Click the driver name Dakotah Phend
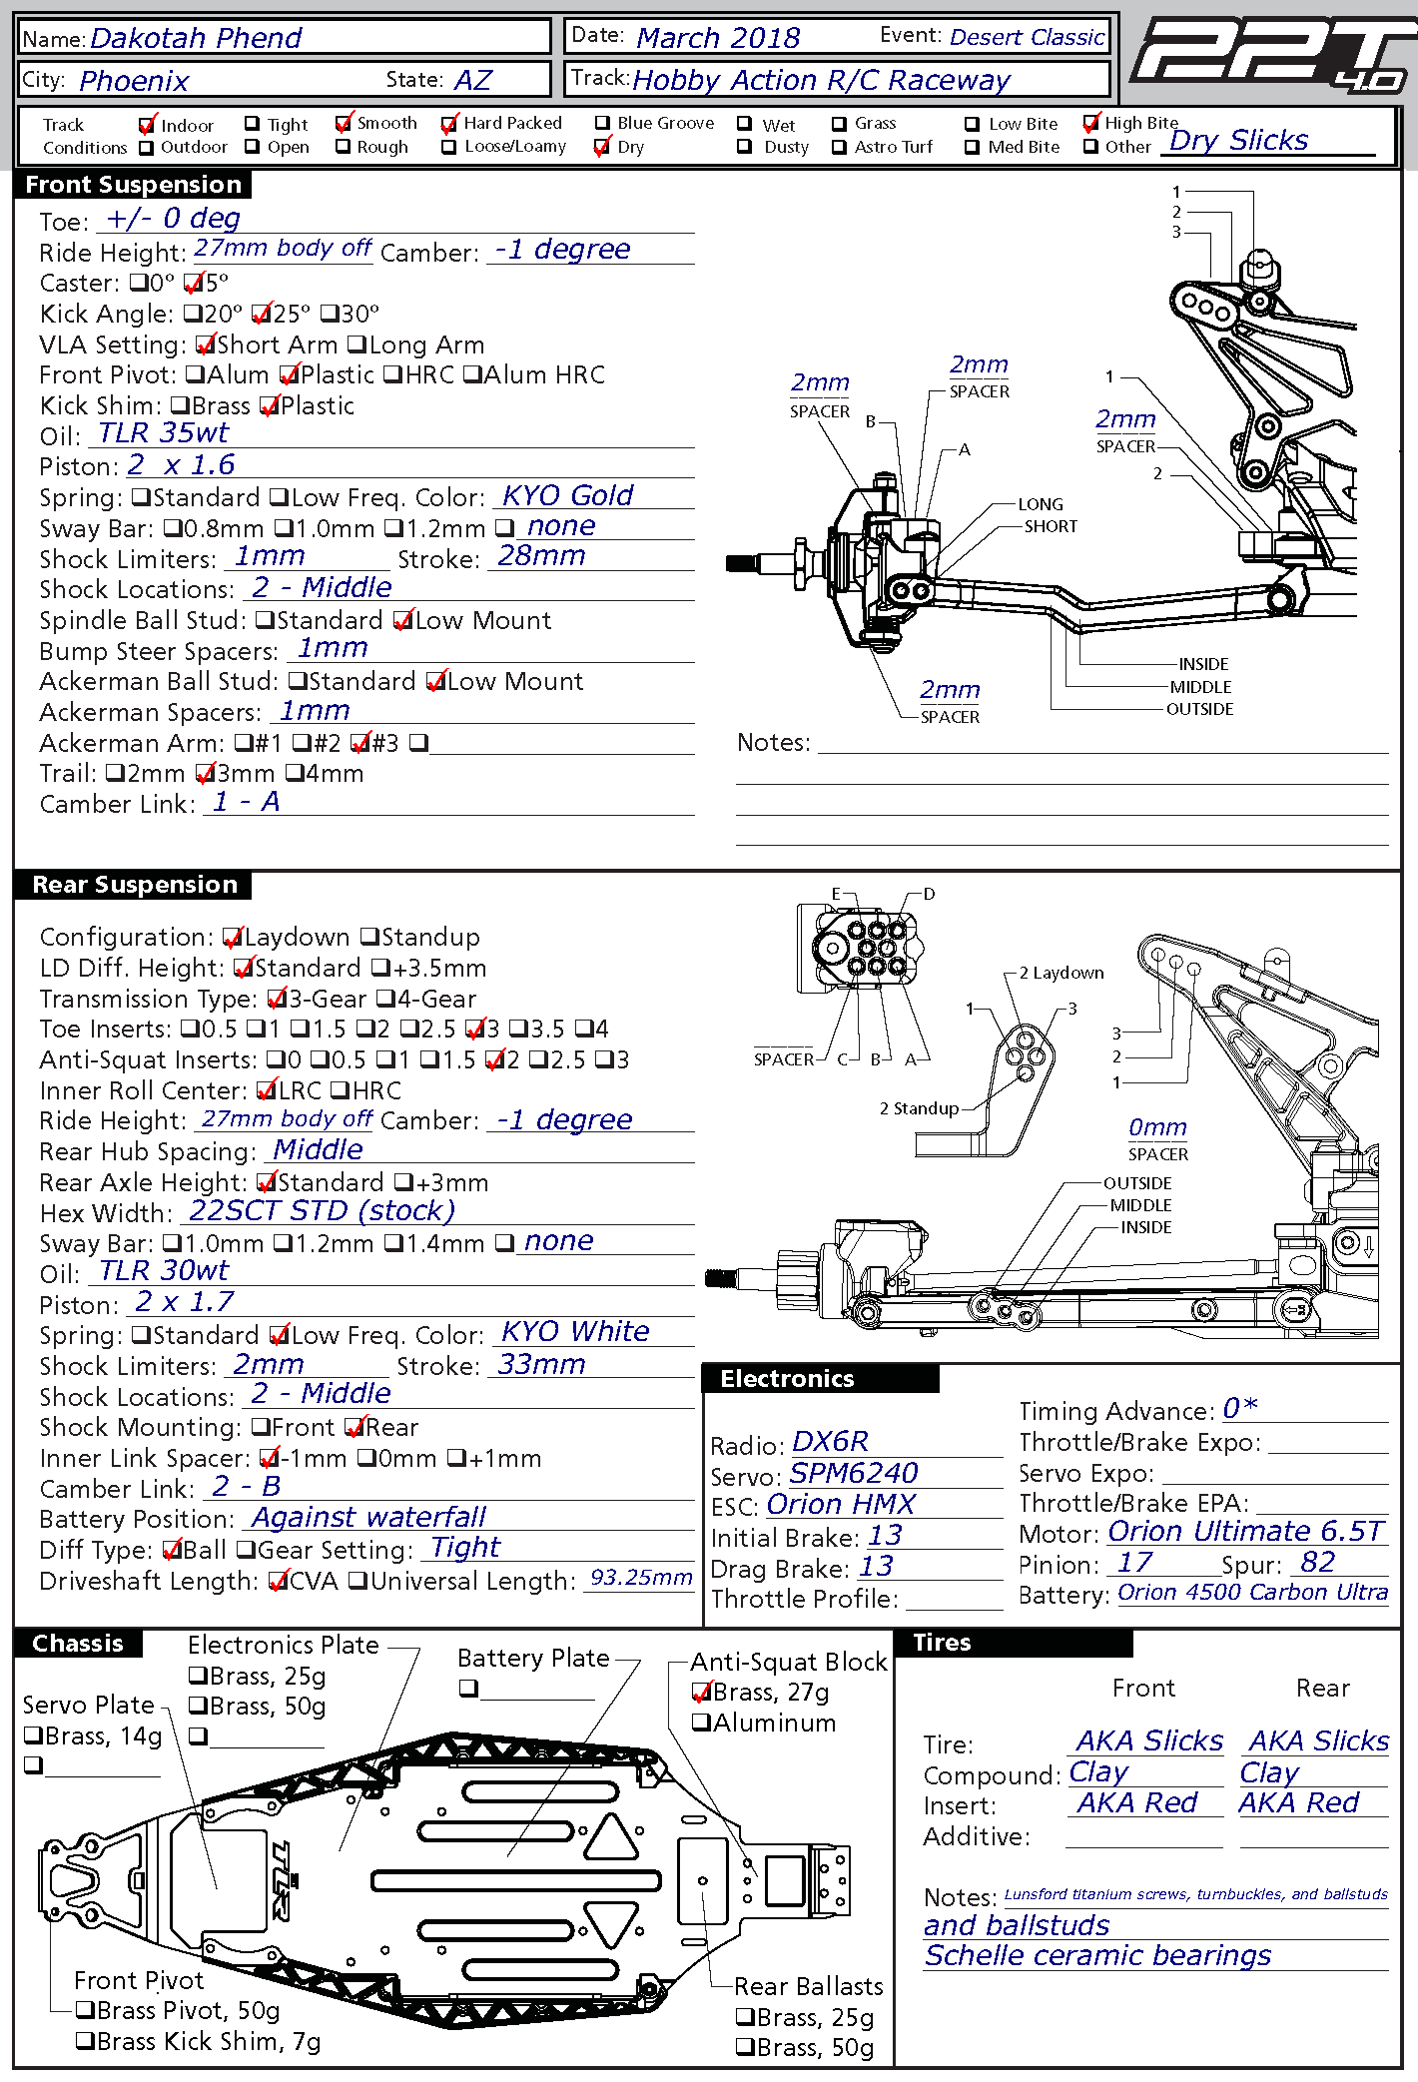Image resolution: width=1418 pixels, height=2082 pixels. click(196, 38)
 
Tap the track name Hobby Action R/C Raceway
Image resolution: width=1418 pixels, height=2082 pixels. click(821, 80)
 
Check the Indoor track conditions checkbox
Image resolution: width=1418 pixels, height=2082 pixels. click(146, 125)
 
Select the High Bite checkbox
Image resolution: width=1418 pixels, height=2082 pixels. click(1091, 124)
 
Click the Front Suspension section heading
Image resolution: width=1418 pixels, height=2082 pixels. click(133, 185)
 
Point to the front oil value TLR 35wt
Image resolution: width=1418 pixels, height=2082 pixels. click(164, 433)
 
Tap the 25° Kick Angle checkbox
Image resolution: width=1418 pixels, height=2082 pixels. click(262, 315)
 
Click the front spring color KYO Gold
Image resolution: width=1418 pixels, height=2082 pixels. click(567, 495)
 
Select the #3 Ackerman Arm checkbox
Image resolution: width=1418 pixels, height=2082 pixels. click(360, 743)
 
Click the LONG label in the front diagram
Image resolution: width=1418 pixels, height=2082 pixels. click(1041, 504)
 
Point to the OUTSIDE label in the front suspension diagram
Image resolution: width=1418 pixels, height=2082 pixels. click(1199, 709)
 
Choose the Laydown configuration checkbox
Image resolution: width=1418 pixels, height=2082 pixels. click(233, 938)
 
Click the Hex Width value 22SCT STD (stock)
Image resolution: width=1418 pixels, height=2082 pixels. click(322, 1211)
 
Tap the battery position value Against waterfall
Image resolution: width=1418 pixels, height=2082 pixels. click(368, 1518)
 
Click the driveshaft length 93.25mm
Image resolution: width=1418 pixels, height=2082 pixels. click(641, 1578)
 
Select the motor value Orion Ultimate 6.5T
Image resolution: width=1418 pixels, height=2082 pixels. click(1246, 1532)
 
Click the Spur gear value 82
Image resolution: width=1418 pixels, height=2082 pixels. click(1317, 1563)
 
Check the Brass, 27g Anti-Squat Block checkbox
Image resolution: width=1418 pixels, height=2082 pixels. click(702, 1693)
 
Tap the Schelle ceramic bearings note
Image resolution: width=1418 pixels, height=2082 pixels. click(1097, 1955)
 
